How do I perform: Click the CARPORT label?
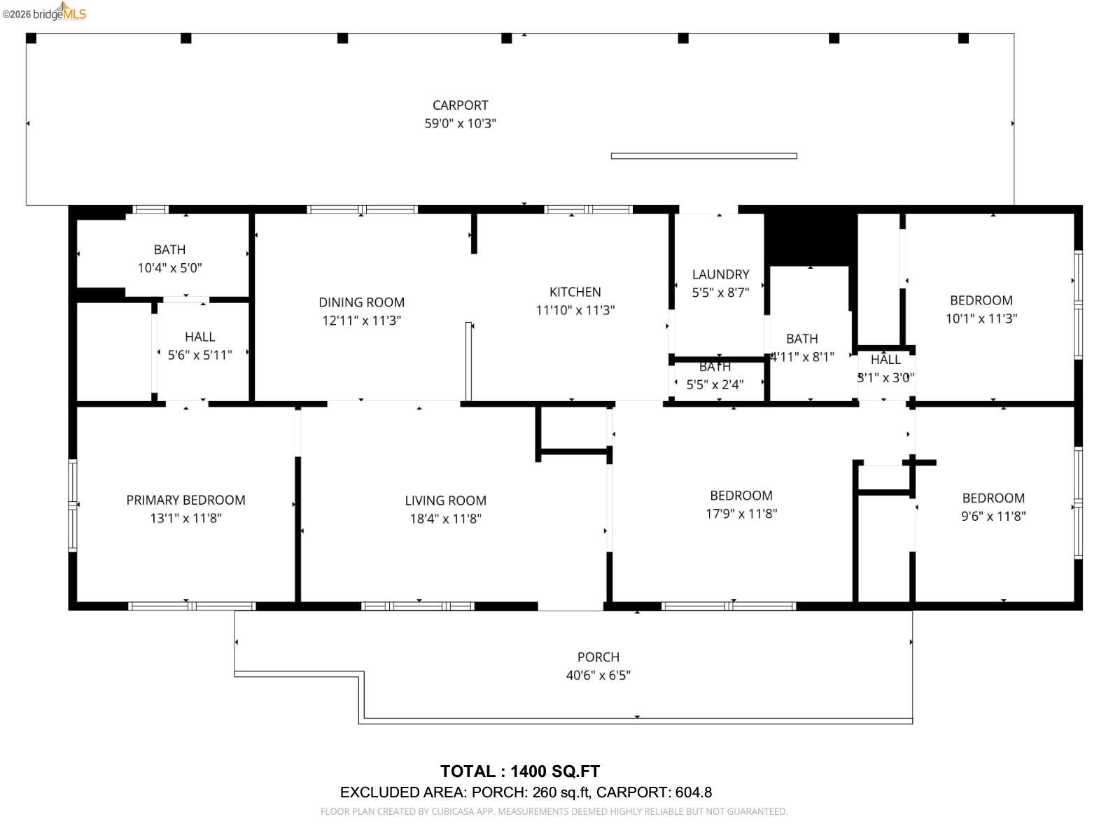pyautogui.click(x=460, y=105)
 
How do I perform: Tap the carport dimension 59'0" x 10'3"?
pyautogui.click(x=460, y=123)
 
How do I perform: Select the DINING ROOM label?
pyautogui.click(x=361, y=302)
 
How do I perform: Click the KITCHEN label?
pyautogui.click(x=575, y=292)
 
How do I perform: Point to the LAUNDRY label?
pyautogui.click(x=720, y=274)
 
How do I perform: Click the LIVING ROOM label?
pyautogui.click(x=445, y=500)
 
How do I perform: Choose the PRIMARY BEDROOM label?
pyautogui.click(x=185, y=500)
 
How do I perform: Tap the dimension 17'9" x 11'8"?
pyautogui.click(x=741, y=513)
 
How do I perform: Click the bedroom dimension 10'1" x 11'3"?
pyautogui.click(x=981, y=318)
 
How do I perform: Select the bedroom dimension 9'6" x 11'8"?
pyautogui.click(x=993, y=516)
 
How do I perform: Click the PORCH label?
pyautogui.click(x=598, y=657)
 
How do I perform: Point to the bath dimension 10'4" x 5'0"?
pyautogui.click(x=169, y=267)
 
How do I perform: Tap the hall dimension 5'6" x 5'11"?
pyautogui.click(x=199, y=355)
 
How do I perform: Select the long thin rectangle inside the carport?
pyautogui.click(x=703, y=156)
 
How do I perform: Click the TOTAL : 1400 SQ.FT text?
pyautogui.click(x=519, y=771)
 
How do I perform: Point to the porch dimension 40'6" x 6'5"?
pyautogui.click(x=598, y=675)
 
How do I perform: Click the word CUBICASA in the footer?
pyautogui.click(x=453, y=811)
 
